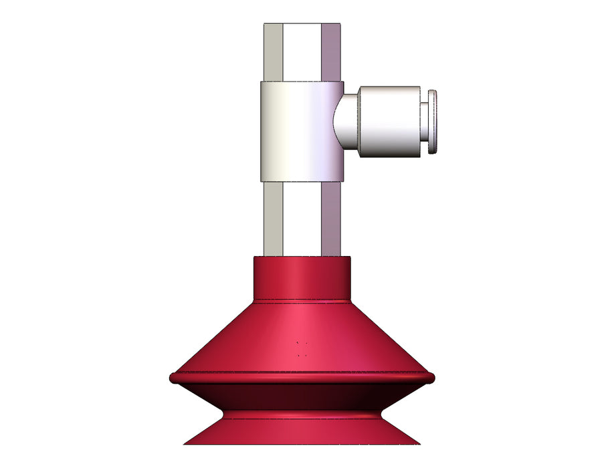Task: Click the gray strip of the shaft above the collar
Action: click(x=273, y=52)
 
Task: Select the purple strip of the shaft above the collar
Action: click(x=332, y=52)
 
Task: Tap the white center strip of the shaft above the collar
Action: click(x=302, y=52)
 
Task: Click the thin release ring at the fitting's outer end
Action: click(x=433, y=121)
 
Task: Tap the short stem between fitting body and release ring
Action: click(x=424, y=121)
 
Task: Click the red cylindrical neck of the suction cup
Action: click(x=302, y=277)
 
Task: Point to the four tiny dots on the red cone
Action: click(x=302, y=349)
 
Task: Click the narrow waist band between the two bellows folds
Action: click(x=302, y=415)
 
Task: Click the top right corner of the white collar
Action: click(x=342, y=84)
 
